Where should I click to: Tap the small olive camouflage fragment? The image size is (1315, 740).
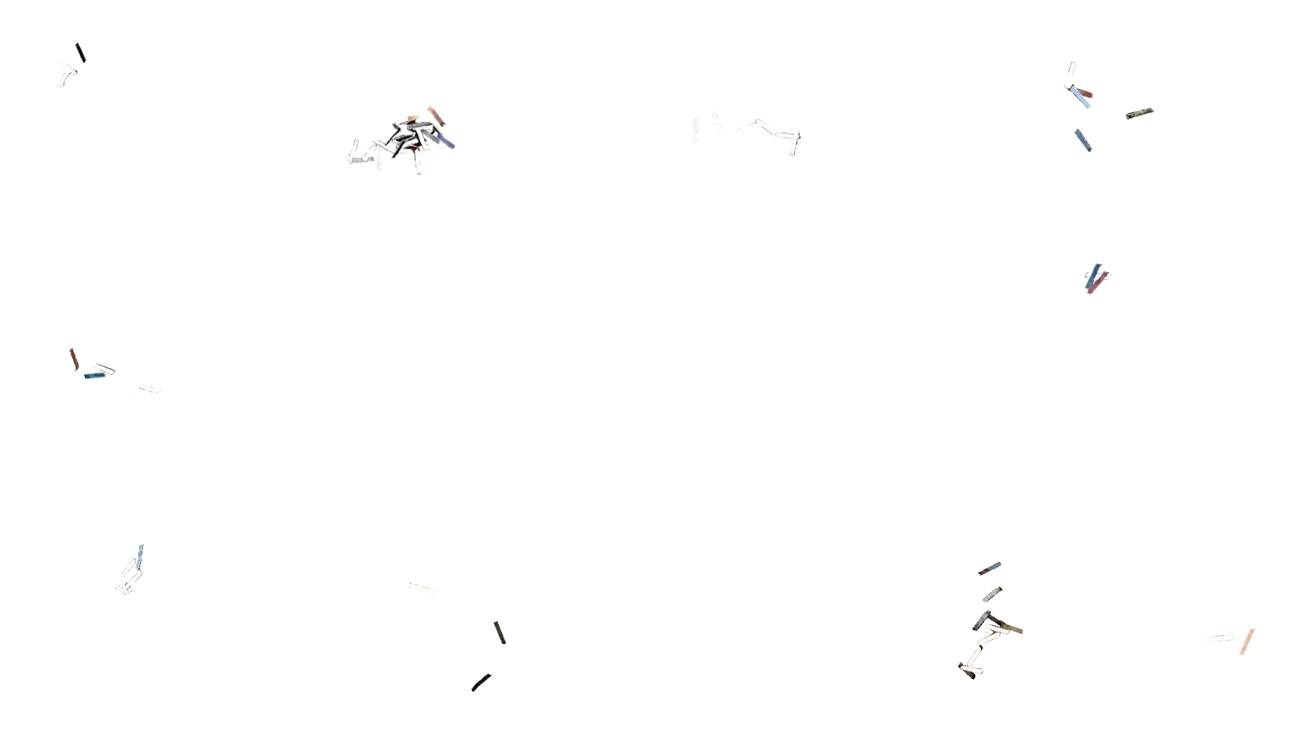coord(1139,112)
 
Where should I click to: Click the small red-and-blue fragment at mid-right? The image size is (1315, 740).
coord(1094,278)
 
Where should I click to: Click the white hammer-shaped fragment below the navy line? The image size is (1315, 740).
coord(65,73)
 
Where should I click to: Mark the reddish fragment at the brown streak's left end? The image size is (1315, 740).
coord(74,358)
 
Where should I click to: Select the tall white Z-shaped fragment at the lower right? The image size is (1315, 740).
coord(981,647)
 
